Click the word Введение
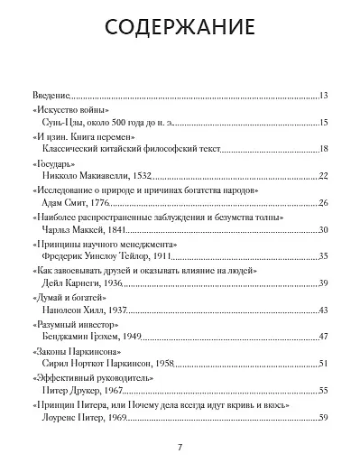coord(51,94)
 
